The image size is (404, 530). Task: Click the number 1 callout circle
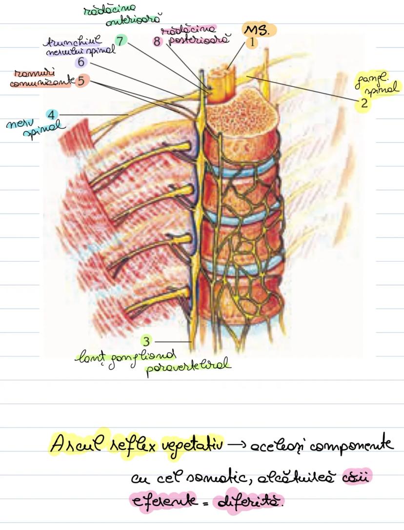pos(252,42)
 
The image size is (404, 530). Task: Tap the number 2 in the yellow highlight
pos(364,103)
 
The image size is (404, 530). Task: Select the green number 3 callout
pos(146,340)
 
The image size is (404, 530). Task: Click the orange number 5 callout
pos(81,80)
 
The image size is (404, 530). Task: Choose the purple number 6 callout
pos(81,62)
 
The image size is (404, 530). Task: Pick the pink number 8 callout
pos(157,41)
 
